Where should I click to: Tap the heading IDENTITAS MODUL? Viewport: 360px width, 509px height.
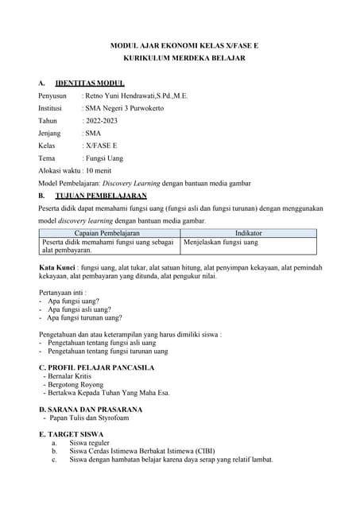tap(90, 83)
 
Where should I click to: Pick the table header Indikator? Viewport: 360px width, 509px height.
tap(249, 232)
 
